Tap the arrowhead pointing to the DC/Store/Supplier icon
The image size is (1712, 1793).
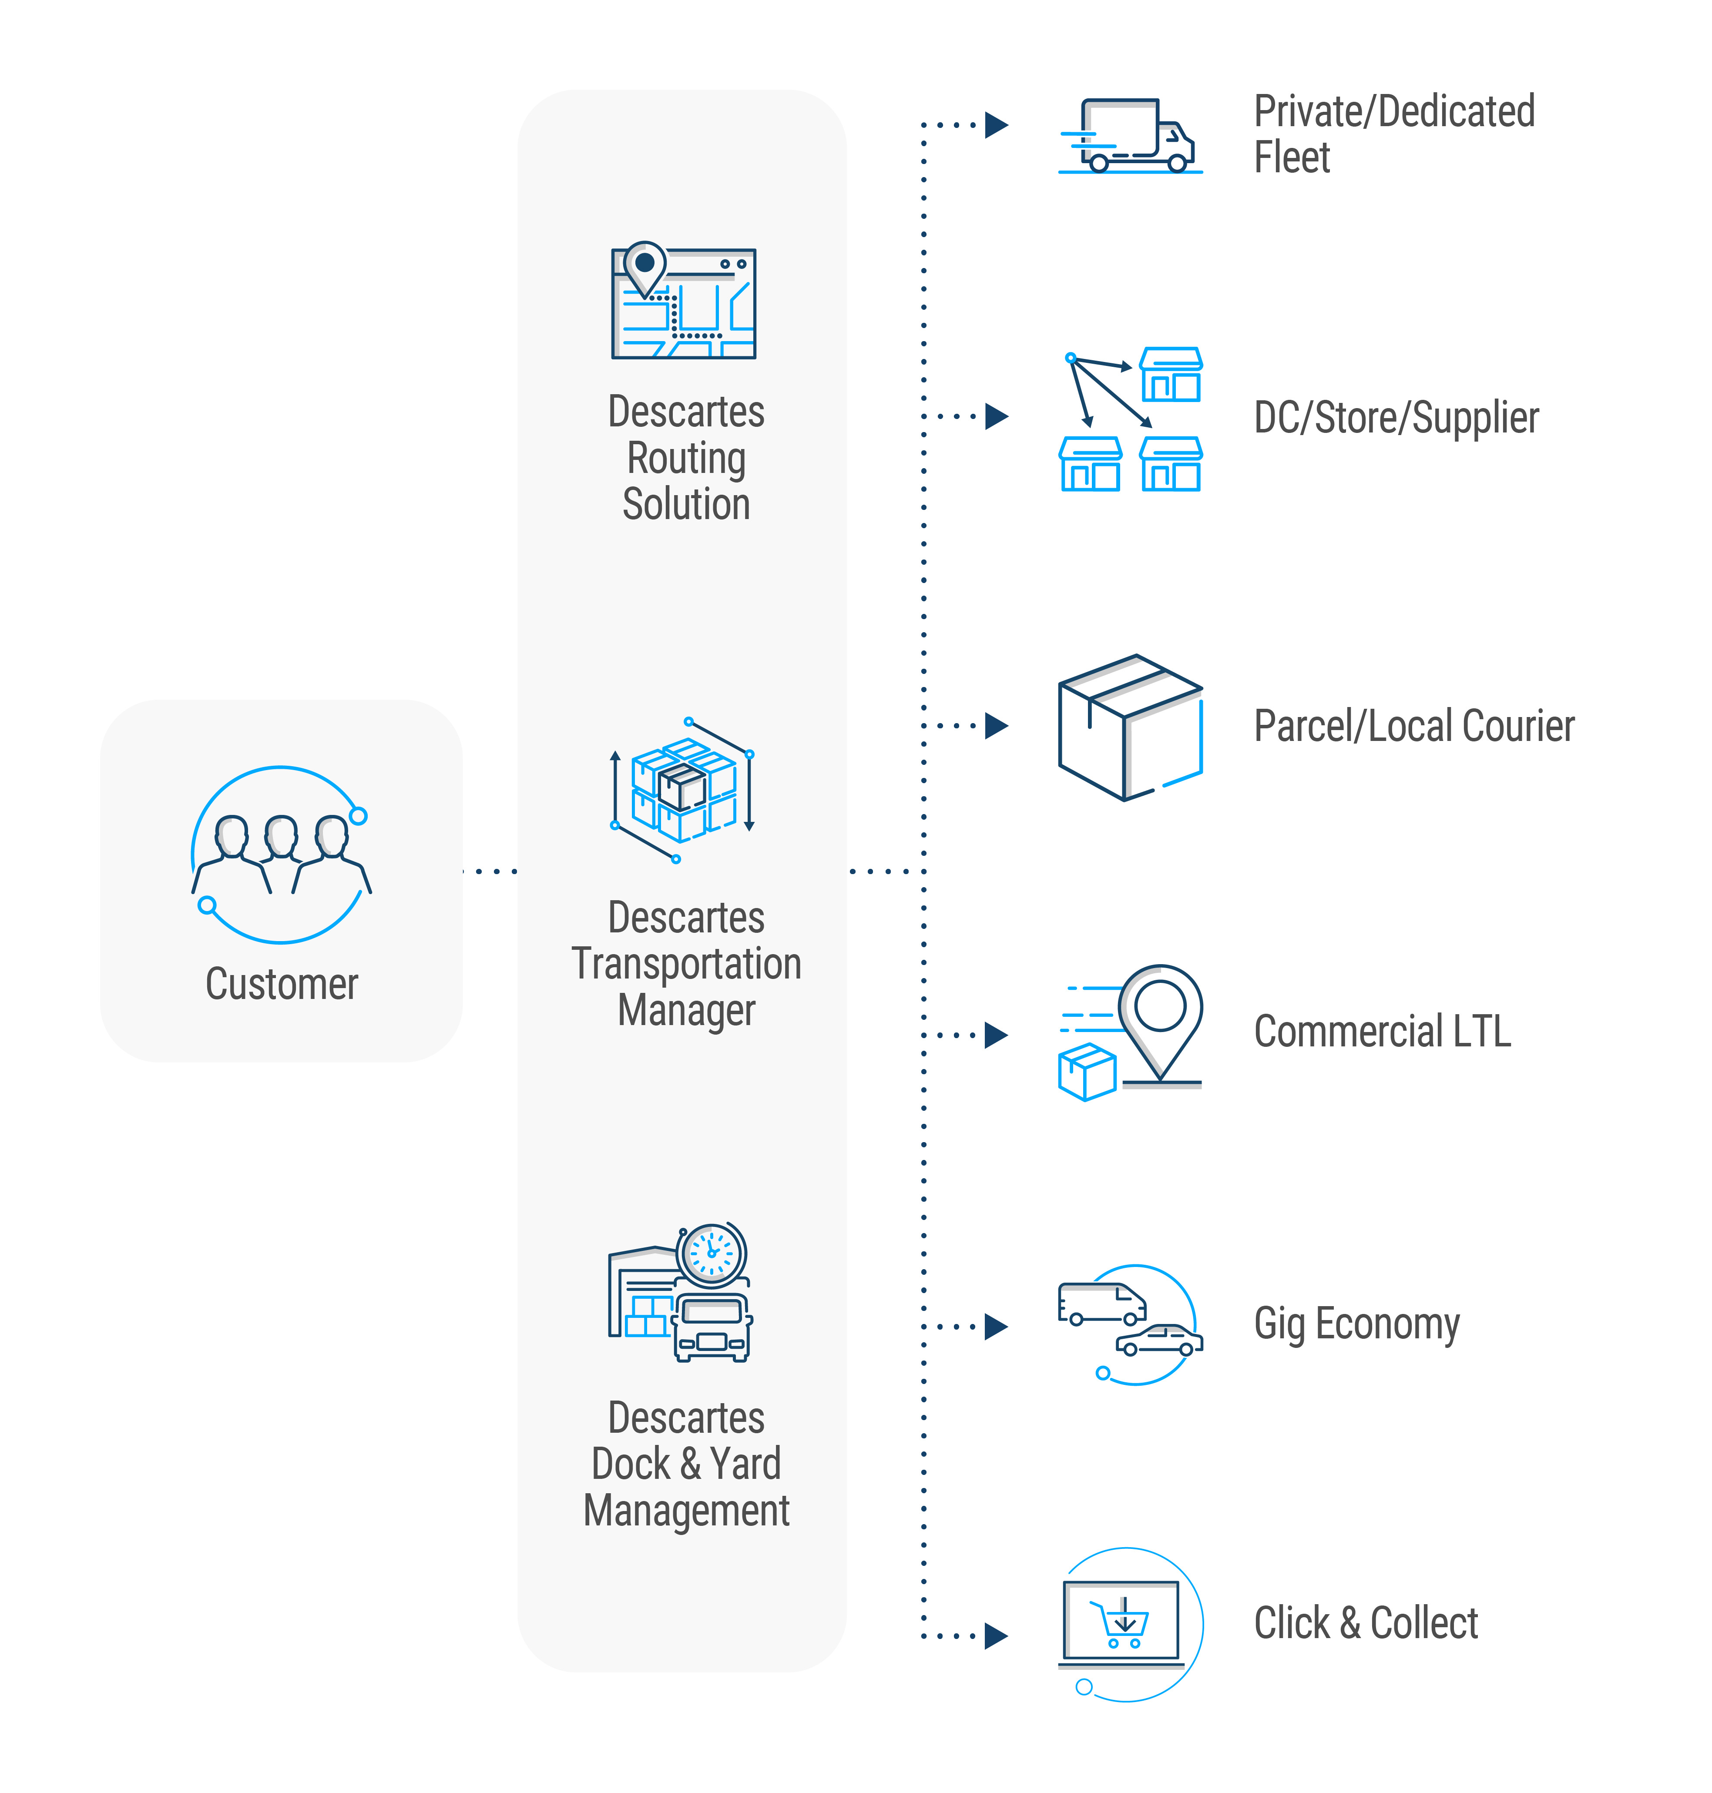997,416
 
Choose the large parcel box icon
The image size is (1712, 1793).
1130,727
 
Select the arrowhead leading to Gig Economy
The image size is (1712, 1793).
997,1326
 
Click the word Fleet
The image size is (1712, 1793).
1291,158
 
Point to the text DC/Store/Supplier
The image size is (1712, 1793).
1395,418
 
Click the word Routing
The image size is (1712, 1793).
686,458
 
